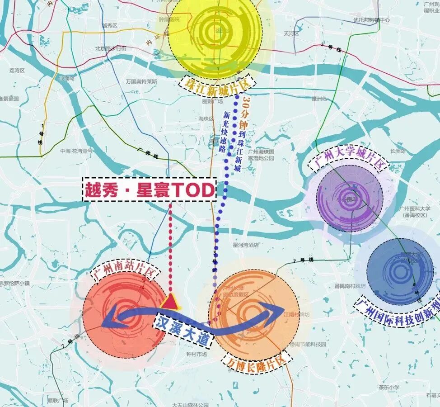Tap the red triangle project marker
click(x=170, y=301)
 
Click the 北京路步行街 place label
click(x=111, y=48)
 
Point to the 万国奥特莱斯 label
click(x=142, y=82)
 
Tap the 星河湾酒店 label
click(x=246, y=245)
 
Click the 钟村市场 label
click(x=196, y=354)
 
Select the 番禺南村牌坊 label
click(x=350, y=285)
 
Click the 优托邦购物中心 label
click(x=372, y=20)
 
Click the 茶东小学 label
click(x=389, y=387)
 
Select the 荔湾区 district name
click(x=17, y=71)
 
